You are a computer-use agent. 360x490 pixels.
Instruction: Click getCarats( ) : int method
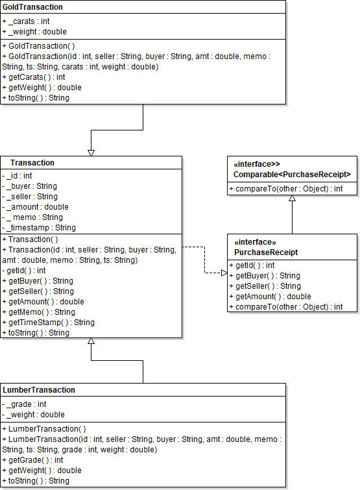(x=33, y=77)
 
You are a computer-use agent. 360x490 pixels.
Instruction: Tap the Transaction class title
(x=32, y=163)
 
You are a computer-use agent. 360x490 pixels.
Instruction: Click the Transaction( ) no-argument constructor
(x=30, y=239)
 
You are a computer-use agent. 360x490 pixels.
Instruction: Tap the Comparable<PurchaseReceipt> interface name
(x=292, y=175)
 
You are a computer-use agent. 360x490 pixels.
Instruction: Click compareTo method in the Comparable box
(x=285, y=189)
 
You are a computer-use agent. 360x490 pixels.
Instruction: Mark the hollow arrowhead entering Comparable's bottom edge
(x=292, y=199)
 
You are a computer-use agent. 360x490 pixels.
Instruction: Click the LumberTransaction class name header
(x=39, y=390)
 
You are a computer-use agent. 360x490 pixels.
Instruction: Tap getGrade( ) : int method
(x=33, y=460)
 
